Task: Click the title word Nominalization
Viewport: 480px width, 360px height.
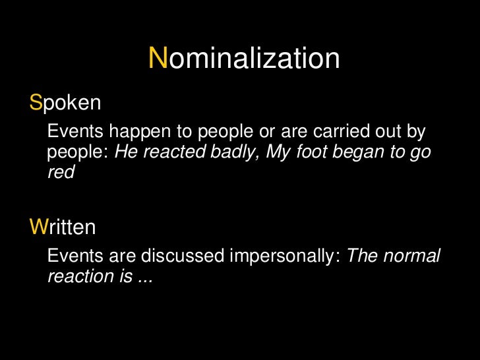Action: [244, 59]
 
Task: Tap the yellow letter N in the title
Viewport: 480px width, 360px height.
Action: [158, 59]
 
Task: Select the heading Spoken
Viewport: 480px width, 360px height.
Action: [65, 103]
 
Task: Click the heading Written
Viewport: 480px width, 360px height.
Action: [63, 227]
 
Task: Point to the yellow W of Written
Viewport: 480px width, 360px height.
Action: [38, 227]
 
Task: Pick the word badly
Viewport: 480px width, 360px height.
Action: [231, 152]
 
